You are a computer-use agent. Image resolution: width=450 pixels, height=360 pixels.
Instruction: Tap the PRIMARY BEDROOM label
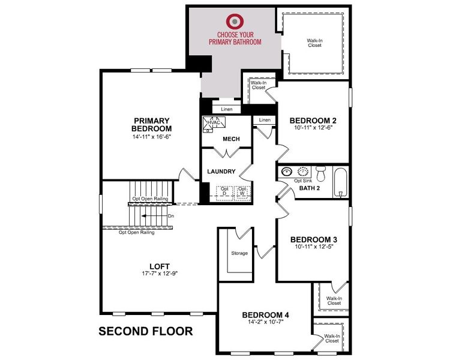pos(152,124)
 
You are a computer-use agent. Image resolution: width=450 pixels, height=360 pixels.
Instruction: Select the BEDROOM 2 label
pos(313,119)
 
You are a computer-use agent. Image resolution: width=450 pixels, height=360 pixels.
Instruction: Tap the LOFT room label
pos(160,266)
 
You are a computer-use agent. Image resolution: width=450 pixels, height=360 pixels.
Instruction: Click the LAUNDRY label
pos(221,172)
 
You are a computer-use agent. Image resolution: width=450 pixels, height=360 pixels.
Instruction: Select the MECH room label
pos(231,139)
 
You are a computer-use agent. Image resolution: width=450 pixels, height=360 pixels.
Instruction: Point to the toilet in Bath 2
pos(320,173)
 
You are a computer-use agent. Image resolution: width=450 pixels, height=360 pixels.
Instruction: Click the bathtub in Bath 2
pos(340,182)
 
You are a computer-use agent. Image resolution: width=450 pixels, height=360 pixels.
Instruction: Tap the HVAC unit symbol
pos(214,123)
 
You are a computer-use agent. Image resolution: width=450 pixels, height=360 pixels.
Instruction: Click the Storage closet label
pos(239,253)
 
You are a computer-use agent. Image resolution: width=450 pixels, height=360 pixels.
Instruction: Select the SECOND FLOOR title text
pos(145,331)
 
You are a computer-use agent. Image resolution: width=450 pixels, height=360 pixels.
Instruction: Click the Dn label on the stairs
pos(171,215)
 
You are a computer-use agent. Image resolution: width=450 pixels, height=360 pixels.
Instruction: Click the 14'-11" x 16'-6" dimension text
pos(152,137)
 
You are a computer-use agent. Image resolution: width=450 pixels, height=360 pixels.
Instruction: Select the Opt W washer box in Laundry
pos(242,191)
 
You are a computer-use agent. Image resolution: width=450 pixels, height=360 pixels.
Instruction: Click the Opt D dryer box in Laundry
pos(225,191)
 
